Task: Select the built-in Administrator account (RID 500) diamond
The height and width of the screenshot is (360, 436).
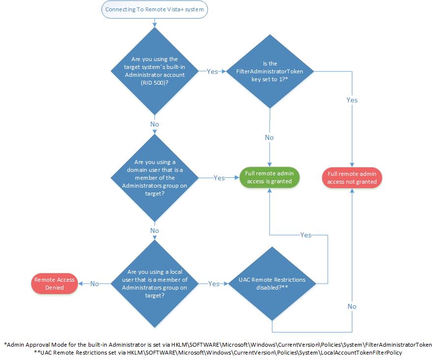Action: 155,71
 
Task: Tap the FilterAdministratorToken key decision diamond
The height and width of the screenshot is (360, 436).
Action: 270,71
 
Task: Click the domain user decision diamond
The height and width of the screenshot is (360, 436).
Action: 155,178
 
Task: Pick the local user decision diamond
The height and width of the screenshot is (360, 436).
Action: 155,284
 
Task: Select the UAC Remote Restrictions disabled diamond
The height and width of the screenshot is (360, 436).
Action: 272,284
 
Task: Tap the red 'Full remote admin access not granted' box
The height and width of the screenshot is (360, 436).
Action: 352,177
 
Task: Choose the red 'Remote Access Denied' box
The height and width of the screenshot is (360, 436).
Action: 54,283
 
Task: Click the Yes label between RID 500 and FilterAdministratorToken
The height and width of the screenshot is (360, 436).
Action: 212,71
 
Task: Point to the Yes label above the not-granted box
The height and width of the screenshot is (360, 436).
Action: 352,100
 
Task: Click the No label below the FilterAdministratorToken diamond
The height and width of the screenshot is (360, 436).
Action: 269,137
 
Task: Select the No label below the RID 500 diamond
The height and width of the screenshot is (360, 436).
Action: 155,124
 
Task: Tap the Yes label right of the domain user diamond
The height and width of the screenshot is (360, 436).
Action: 219,178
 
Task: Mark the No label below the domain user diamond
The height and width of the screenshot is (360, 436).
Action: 155,230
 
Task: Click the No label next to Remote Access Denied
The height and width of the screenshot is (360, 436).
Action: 94,284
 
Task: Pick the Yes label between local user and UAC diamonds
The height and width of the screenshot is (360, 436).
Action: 214,284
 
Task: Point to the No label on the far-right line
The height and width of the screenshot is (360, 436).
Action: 352,306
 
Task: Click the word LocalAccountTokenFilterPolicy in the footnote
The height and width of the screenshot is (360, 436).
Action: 361,352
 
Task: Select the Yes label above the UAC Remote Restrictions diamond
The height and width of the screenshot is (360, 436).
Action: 306,235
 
